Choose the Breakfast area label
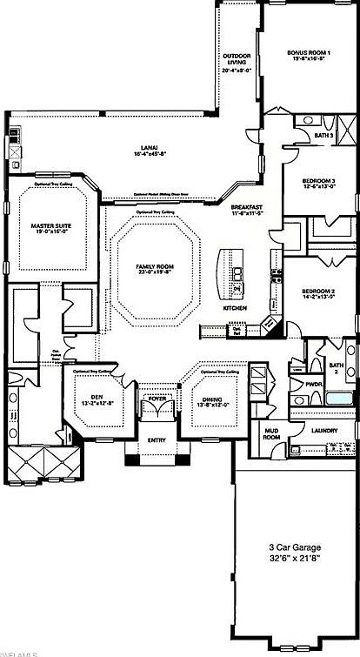246,208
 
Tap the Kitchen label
236,308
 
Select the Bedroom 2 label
318,291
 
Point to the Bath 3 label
323,136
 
